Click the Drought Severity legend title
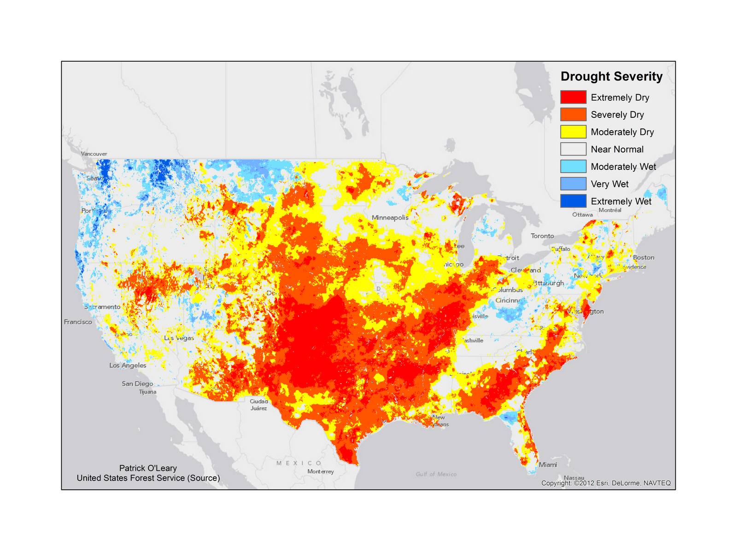pyautogui.click(x=611, y=76)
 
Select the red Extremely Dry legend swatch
pyautogui.click(x=573, y=97)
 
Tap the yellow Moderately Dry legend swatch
pyautogui.click(x=573, y=132)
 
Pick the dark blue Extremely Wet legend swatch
pyautogui.click(x=573, y=201)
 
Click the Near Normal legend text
pyautogui.click(x=617, y=149)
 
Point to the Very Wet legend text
pyautogui.click(x=609, y=184)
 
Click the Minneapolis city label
pyautogui.click(x=390, y=217)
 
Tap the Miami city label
pyautogui.click(x=548, y=464)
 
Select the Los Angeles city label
pyautogui.click(x=128, y=365)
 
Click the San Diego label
pyautogui.click(x=137, y=383)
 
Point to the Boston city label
pyautogui.click(x=643, y=257)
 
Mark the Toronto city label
pyautogui.click(x=542, y=236)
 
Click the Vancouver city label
pyautogui.click(x=94, y=154)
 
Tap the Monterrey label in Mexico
pyautogui.click(x=321, y=471)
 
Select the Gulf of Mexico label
pyautogui.click(x=436, y=474)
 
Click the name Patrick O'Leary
pyautogui.click(x=148, y=468)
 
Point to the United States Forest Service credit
pyautogui.click(x=148, y=478)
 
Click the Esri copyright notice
pyautogui.click(x=606, y=483)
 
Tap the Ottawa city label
pyautogui.click(x=582, y=215)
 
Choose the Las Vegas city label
pyautogui.click(x=179, y=338)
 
